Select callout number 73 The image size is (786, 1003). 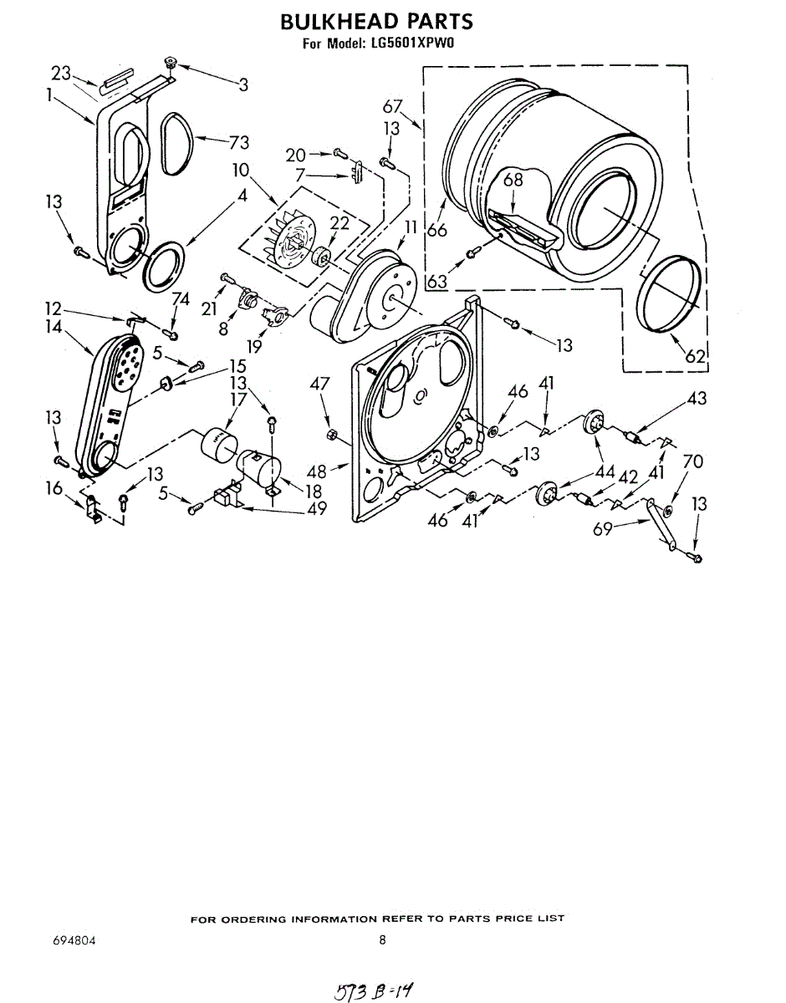[x=238, y=142]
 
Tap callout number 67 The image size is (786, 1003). [x=393, y=106]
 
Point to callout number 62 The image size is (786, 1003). [x=696, y=355]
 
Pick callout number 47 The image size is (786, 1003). [x=320, y=384]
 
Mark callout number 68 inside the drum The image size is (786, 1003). [x=512, y=180]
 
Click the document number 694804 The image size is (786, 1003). [x=74, y=940]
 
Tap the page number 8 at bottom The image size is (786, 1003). [x=382, y=939]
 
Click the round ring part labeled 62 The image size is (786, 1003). [x=670, y=297]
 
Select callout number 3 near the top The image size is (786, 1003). [x=242, y=84]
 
